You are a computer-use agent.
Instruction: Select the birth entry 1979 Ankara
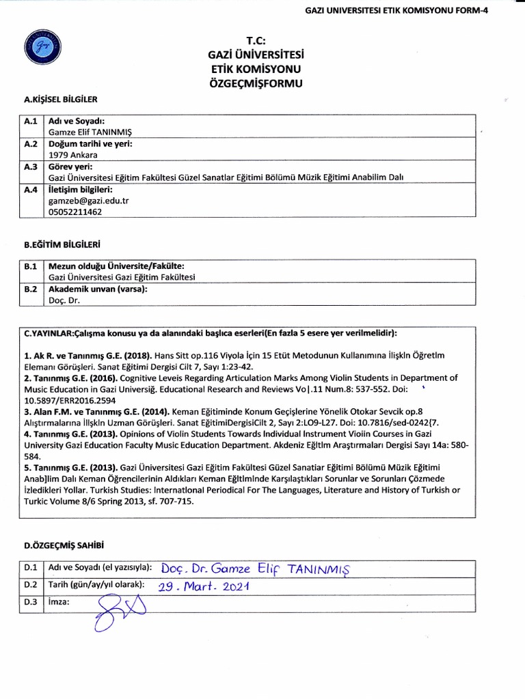[x=71, y=154]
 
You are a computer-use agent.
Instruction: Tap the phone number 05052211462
[x=75, y=212]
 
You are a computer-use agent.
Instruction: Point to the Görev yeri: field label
[x=70, y=166]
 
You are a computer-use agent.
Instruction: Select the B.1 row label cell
[x=31, y=265]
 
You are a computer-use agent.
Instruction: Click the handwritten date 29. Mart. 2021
[x=204, y=586]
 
